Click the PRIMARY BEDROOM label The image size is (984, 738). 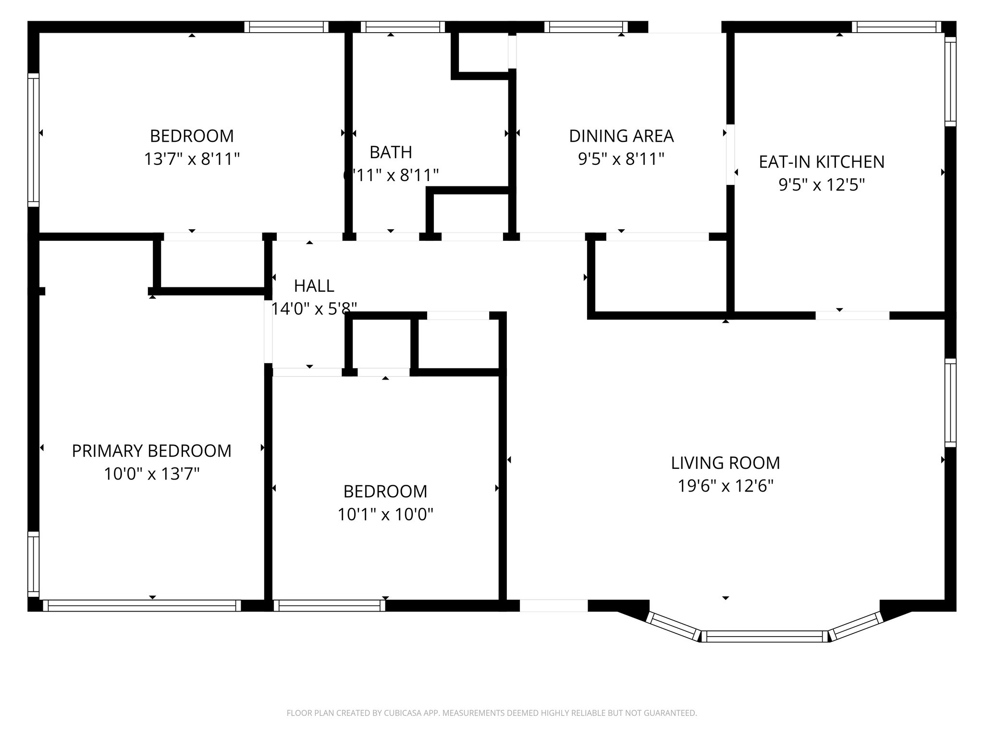(151, 451)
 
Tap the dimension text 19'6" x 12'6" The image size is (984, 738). (725, 486)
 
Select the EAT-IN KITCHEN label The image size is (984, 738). (821, 162)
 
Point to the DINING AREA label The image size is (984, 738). (621, 136)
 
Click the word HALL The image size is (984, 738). (314, 286)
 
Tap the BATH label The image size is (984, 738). (390, 152)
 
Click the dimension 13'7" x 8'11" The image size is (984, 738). (192, 159)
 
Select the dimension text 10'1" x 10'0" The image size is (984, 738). (385, 515)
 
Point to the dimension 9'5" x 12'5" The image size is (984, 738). (821, 185)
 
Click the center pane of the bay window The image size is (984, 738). (765, 637)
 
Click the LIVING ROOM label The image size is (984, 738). (725, 463)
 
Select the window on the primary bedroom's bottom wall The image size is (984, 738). (142, 605)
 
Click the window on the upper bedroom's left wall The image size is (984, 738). (33, 140)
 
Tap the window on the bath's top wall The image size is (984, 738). (403, 27)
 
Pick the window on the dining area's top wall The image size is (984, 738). (586, 27)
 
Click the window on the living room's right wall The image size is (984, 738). (950, 403)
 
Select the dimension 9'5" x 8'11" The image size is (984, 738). (621, 159)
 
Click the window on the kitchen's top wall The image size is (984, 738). (896, 27)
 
